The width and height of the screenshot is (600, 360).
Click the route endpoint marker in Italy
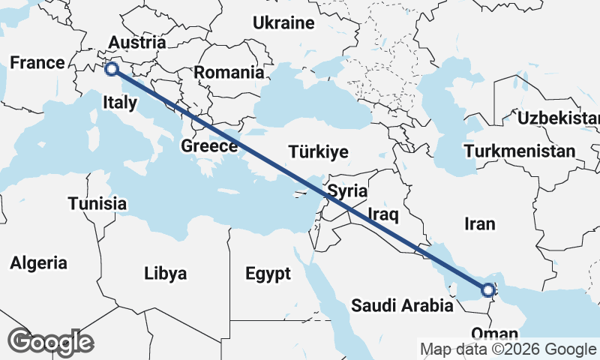click(x=111, y=69)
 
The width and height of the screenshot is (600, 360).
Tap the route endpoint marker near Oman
click(x=487, y=289)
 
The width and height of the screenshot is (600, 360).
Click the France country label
click(x=37, y=63)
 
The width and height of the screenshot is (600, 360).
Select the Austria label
click(x=136, y=42)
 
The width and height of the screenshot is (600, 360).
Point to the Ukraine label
click(x=283, y=23)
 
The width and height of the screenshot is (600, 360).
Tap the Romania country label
click(x=229, y=73)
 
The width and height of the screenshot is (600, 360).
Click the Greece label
click(x=209, y=146)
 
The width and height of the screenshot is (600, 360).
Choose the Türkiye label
click(x=319, y=152)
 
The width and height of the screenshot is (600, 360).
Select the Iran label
click(x=480, y=223)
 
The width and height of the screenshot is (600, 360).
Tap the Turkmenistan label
click(x=520, y=151)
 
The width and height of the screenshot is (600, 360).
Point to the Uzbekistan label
click(x=559, y=118)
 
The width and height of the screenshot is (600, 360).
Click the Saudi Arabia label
click(x=402, y=305)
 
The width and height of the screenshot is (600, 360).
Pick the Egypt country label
click(x=268, y=274)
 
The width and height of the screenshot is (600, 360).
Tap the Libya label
click(x=165, y=273)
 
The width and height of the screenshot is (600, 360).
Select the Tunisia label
click(x=97, y=203)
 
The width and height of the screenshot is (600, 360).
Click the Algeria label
click(x=38, y=263)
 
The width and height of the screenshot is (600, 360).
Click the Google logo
click(x=50, y=342)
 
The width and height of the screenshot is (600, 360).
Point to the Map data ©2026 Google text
click(x=508, y=349)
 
